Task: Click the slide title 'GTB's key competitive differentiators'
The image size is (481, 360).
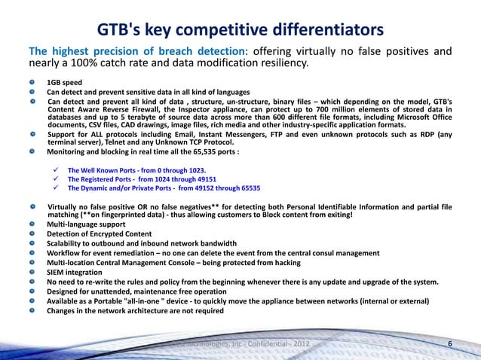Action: [240, 31]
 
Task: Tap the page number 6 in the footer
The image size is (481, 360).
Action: [450, 345]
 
